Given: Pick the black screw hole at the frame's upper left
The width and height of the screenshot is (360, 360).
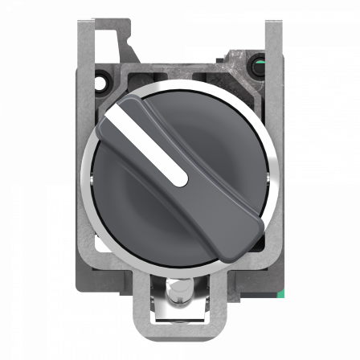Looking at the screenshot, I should (x=102, y=80).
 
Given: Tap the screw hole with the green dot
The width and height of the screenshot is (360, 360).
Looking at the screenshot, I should (x=258, y=80).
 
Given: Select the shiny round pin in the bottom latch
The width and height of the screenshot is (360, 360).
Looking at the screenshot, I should (x=181, y=290).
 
